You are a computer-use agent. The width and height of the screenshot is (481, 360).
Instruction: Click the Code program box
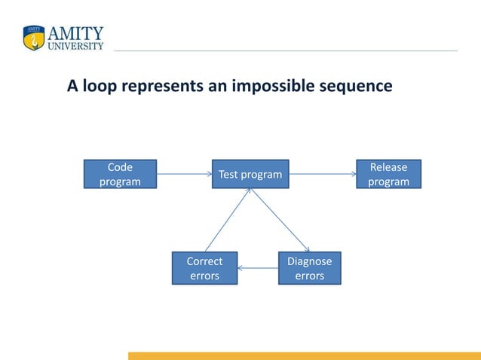(x=120, y=174)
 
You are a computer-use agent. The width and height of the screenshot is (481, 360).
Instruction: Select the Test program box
(x=250, y=174)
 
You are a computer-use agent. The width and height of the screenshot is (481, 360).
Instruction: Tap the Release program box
(x=388, y=174)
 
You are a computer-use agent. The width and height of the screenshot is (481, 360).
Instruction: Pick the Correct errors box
(x=204, y=268)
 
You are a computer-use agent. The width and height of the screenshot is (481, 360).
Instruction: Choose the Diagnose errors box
(x=309, y=268)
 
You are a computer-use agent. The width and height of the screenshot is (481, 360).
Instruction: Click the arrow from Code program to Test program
(x=184, y=174)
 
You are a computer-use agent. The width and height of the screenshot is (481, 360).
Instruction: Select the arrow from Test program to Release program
(x=323, y=174)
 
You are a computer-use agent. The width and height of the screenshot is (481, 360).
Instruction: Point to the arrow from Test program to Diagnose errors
(x=280, y=220)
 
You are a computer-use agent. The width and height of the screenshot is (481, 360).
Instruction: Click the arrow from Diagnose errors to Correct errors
(x=258, y=268)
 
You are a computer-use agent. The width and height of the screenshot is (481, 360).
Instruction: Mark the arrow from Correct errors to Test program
(x=227, y=220)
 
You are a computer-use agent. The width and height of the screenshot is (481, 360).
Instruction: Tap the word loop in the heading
(x=101, y=86)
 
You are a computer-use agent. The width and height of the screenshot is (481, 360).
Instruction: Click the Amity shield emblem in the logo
(x=34, y=38)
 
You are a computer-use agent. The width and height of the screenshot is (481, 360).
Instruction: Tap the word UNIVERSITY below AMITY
(x=76, y=45)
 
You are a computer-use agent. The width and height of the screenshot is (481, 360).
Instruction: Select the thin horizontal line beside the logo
(x=286, y=50)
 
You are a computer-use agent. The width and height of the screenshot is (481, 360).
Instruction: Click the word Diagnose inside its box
(x=309, y=261)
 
